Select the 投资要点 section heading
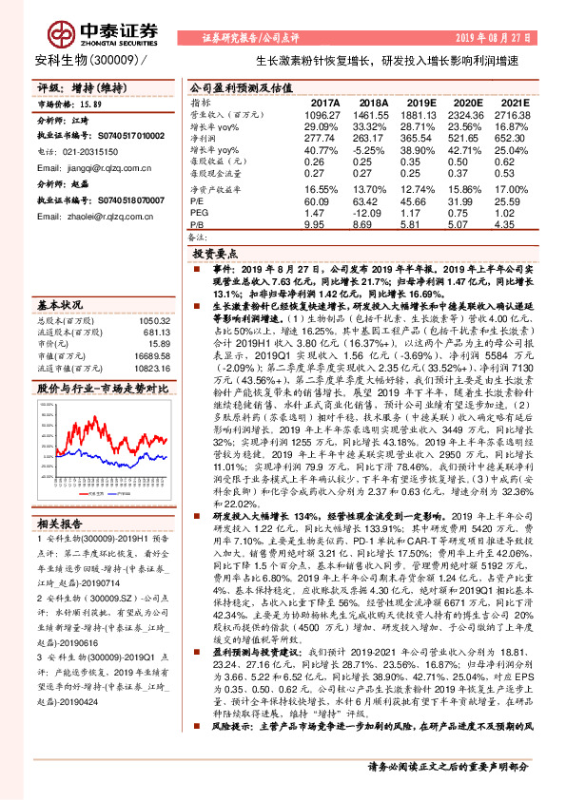215,257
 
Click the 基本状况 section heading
60,306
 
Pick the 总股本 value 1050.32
152,321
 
